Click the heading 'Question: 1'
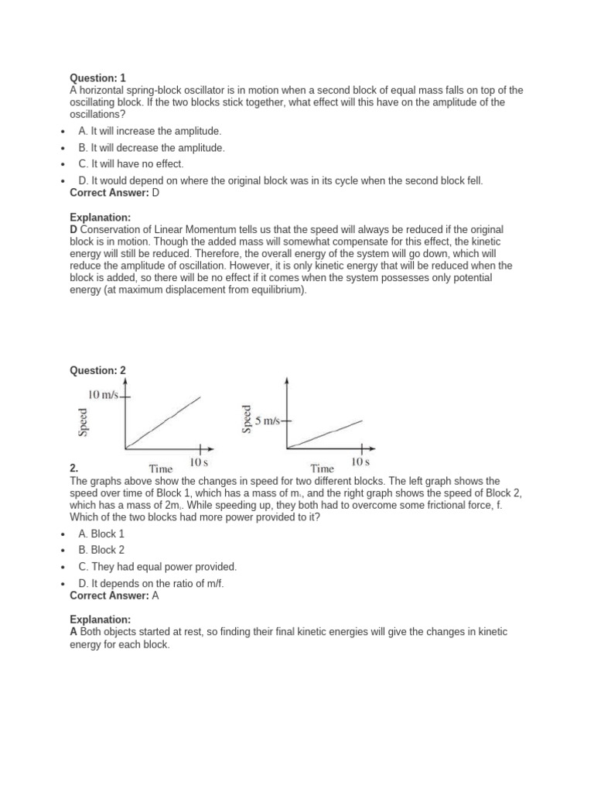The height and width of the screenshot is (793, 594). (97, 77)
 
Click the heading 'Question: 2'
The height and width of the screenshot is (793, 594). (97, 370)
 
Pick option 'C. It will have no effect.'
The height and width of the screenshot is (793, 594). (131, 164)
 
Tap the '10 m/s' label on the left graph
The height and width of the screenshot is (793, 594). (104, 395)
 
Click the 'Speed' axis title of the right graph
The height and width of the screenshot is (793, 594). (247, 419)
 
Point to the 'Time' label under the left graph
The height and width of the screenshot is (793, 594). (160, 468)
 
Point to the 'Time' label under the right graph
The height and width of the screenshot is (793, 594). (322, 468)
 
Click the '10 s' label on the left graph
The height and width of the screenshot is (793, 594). (199, 462)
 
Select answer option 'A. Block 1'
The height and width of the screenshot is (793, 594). (101, 534)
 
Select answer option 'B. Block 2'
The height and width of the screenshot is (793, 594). (101, 550)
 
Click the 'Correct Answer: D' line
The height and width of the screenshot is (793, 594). (114, 192)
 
